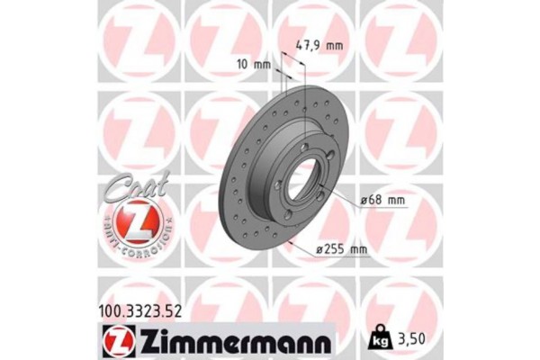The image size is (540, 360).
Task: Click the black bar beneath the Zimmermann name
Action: point(229,352)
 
